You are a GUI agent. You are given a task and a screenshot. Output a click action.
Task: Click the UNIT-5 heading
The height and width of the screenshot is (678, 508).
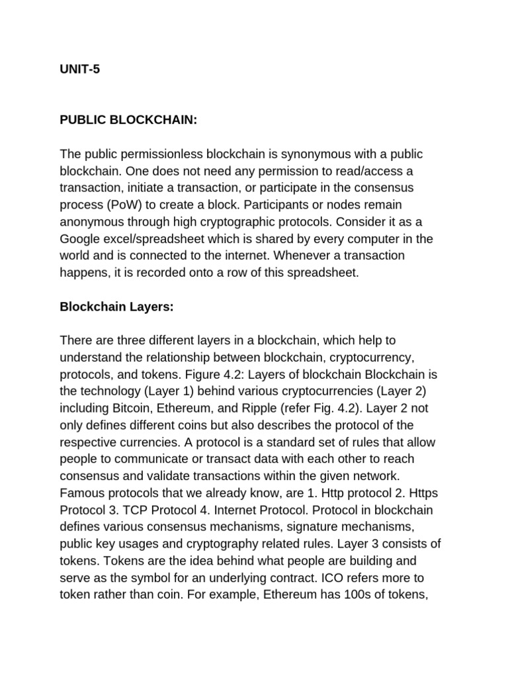point(80,68)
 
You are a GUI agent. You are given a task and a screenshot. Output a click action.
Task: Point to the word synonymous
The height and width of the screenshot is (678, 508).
point(306,154)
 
